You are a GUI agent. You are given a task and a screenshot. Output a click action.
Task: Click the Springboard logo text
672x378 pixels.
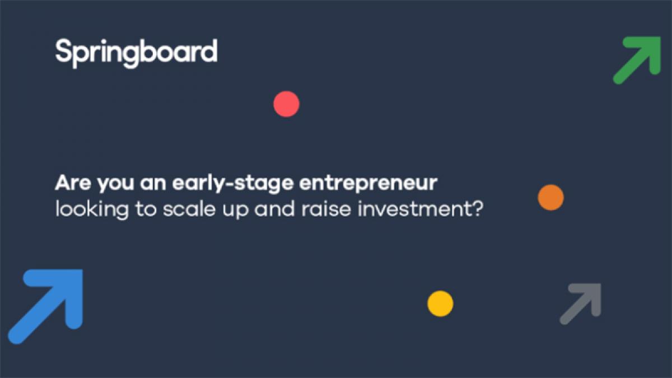point(137,53)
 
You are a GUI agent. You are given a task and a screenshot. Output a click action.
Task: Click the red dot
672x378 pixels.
point(286,104)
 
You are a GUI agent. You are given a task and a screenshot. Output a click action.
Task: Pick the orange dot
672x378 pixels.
point(551,197)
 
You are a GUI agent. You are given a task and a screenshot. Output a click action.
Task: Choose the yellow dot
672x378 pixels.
point(440,304)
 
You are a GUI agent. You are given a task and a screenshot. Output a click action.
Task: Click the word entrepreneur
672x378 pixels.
point(368,184)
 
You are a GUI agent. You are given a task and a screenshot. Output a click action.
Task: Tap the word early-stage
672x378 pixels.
point(233,183)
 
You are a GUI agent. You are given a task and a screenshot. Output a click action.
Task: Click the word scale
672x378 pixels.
point(189,208)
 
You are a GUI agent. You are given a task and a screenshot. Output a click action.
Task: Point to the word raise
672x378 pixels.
point(326,208)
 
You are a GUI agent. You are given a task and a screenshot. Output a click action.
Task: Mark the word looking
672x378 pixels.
point(92,209)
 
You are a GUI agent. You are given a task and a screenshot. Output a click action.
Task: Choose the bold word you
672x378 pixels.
point(115,184)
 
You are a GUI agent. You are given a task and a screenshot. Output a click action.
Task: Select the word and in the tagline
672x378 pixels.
point(274,208)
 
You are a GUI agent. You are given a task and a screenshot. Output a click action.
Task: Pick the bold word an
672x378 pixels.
point(153,184)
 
